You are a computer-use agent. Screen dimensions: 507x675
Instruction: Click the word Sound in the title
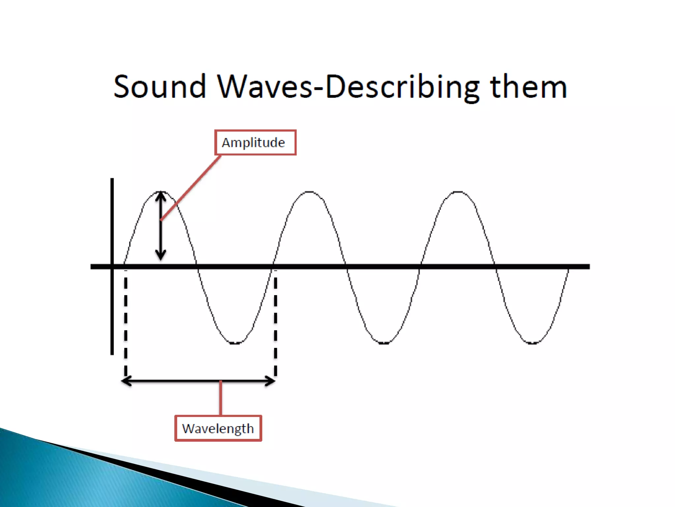click(160, 86)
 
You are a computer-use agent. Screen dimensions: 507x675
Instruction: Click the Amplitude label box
click(255, 143)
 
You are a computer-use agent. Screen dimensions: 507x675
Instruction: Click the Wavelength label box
click(218, 428)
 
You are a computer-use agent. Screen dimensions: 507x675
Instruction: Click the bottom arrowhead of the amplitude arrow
click(161, 257)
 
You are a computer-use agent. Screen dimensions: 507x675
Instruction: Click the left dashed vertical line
click(126, 323)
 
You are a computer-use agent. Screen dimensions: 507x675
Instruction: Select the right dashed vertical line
click(276, 323)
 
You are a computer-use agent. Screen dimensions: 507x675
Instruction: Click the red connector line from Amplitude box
click(191, 187)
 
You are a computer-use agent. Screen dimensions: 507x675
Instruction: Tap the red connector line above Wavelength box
click(220, 398)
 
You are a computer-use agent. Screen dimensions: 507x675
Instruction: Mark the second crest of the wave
click(309, 192)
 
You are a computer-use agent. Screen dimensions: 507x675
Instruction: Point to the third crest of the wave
click(458, 192)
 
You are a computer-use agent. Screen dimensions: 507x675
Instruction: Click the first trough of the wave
click(235, 343)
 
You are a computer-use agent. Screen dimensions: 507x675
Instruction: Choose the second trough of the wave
click(383, 343)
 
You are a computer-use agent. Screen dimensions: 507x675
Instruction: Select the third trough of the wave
click(532, 343)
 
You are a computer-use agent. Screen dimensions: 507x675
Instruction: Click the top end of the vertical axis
click(112, 180)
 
